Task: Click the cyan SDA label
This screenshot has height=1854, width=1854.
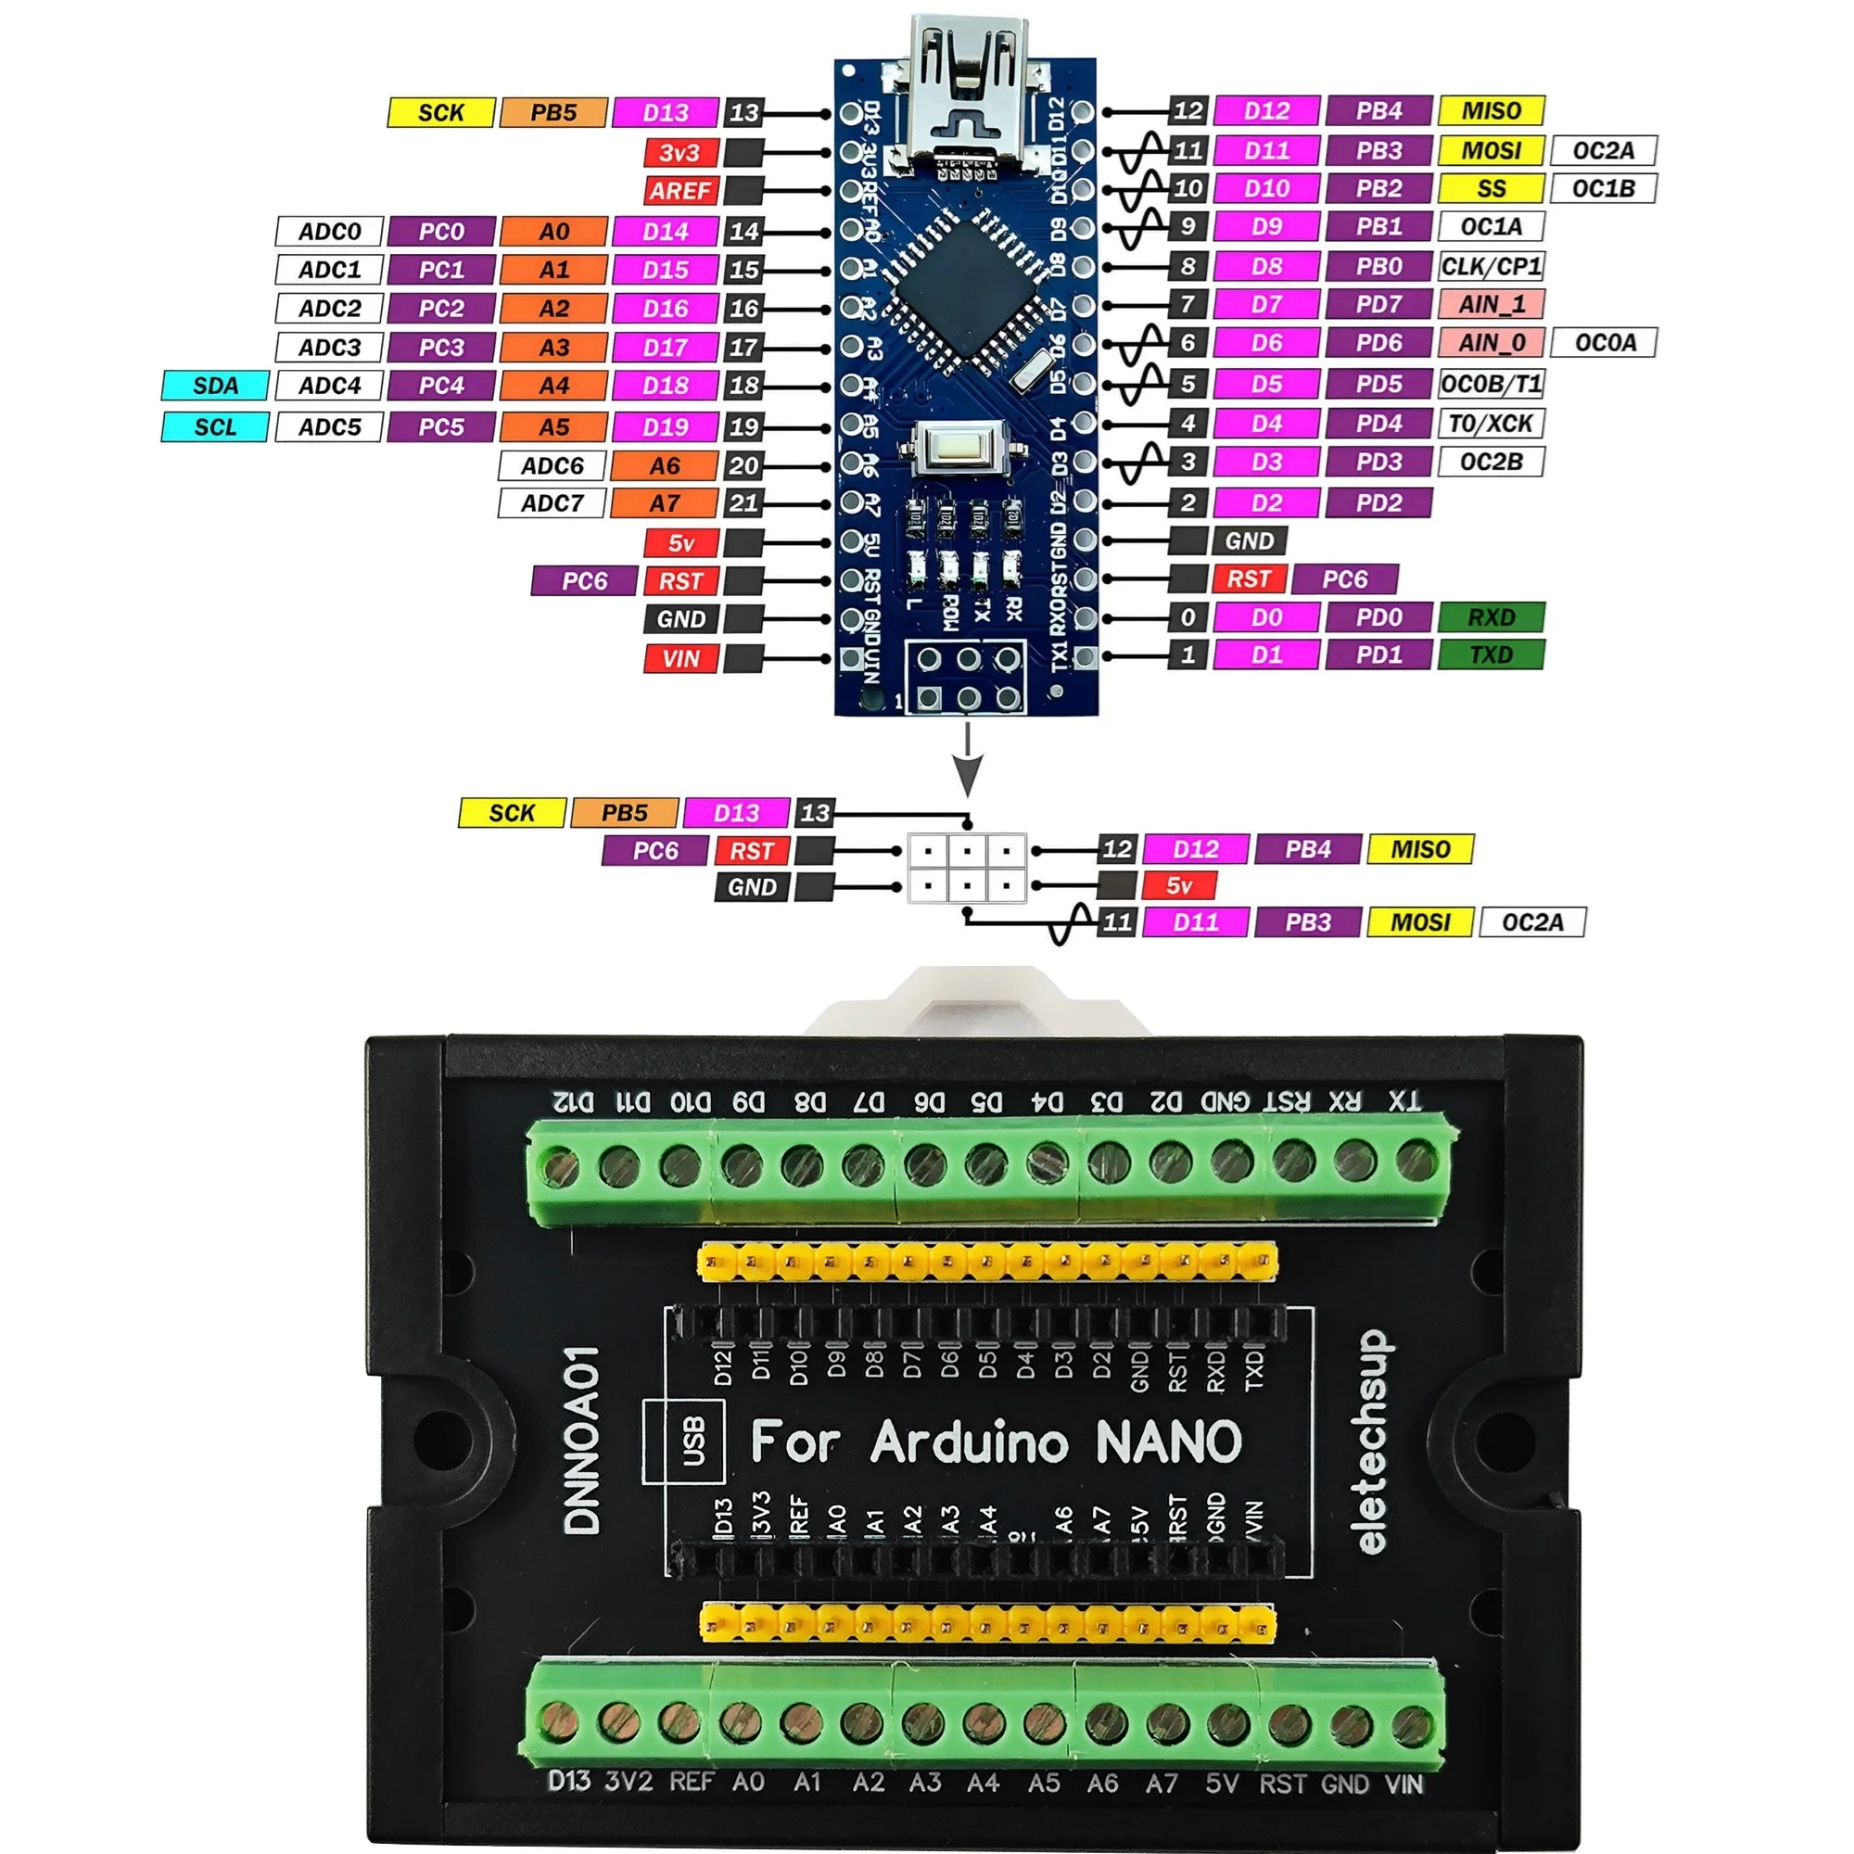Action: (x=215, y=386)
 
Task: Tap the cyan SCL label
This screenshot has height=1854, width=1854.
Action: (x=215, y=427)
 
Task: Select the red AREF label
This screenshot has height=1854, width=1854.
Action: (x=679, y=191)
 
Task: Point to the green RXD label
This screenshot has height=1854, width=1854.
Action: (x=1491, y=617)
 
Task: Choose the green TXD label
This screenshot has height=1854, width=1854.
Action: (x=1491, y=655)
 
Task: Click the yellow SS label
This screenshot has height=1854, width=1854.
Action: (x=1491, y=189)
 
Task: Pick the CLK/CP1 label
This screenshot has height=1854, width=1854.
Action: (x=1491, y=266)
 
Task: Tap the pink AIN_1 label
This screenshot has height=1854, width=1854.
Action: (x=1491, y=304)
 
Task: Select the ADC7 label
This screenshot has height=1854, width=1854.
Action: (x=552, y=502)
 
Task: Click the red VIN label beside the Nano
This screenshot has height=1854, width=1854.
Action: (x=680, y=659)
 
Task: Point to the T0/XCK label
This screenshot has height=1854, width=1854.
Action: (x=1491, y=424)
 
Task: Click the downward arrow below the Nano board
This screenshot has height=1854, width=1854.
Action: (x=967, y=763)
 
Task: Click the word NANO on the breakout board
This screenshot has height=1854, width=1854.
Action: (x=1168, y=1442)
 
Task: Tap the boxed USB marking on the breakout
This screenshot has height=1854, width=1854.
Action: (x=692, y=1441)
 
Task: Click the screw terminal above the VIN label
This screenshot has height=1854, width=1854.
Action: (x=1411, y=1723)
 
